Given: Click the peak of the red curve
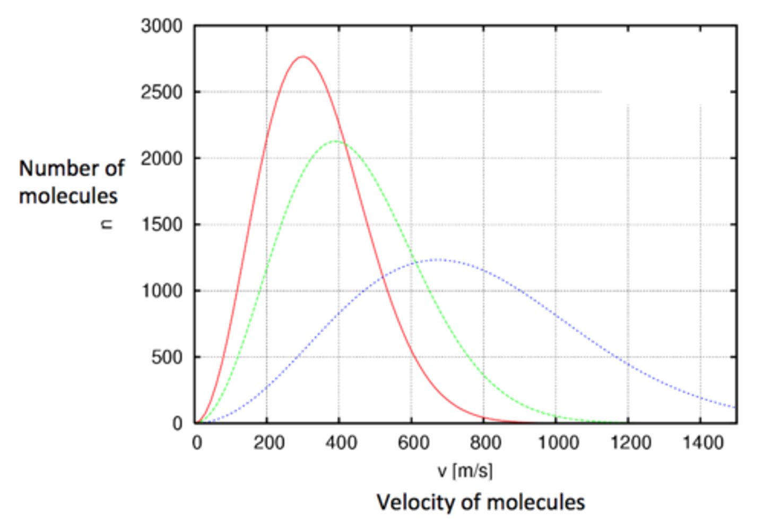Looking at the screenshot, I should pyautogui.click(x=302, y=56).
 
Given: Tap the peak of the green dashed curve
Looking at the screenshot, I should pyautogui.click(x=335, y=141).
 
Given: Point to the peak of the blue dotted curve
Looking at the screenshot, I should pyautogui.click(x=437, y=260).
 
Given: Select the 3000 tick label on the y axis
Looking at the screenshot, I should pyautogui.click(x=161, y=26).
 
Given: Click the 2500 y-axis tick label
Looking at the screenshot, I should pyautogui.click(x=161, y=92).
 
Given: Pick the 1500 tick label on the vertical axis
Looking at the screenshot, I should pyautogui.click(x=161, y=225).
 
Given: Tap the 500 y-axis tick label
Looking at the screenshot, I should pyautogui.click(x=167, y=357).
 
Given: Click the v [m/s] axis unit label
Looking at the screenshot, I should pyautogui.click(x=465, y=471).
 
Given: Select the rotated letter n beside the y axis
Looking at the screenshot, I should pyautogui.click(x=107, y=224).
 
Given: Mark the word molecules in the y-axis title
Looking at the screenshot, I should pyautogui.click(x=68, y=196).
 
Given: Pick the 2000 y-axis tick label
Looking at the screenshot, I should pyautogui.click(x=161, y=158).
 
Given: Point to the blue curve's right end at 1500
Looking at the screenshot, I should pyautogui.click(x=735, y=407).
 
